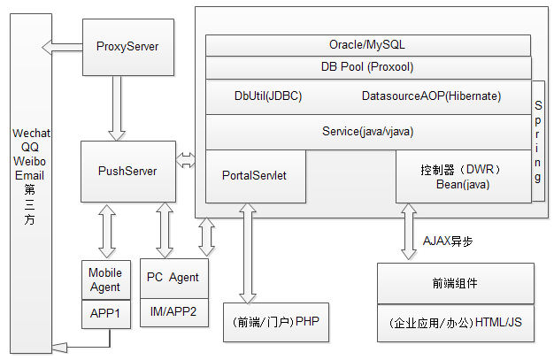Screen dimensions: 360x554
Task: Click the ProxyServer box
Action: pyautogui.click(x=127, y=47)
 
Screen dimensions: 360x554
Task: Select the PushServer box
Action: pyautogui.click(x=127, y=171)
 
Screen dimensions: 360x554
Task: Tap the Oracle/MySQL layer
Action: pyautogui.click(x=367, y=44)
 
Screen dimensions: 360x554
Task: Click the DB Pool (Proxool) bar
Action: pyautogui.click(x=367, y=67)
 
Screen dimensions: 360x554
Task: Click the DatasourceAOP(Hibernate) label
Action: pyautogui.click(x=431, y=96)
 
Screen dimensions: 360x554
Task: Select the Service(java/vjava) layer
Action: pyautogui.click(x=367, y=131)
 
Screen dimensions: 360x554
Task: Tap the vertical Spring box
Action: pyautogui.click(x=538, y=142)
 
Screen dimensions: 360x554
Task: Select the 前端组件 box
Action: pyautogui.click(x=455, y=284)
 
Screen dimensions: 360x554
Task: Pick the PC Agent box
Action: pyautogui.click(x=173, y=278)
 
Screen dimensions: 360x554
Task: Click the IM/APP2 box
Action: pyautogui.click(x=173, y=311)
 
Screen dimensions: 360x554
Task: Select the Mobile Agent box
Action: pyautogui.click(x=105, y=280)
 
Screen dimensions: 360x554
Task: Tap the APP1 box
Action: pyautogui.click(x=105, y=313)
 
